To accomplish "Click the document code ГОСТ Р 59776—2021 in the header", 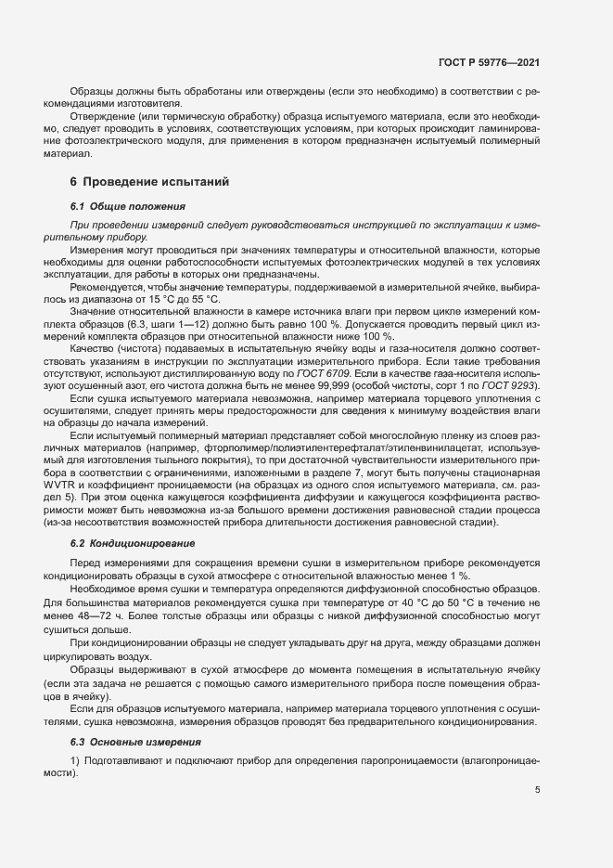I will click(x=488, y=62).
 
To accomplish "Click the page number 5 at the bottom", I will click(x=536, y=790).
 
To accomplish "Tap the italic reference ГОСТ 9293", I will click(x=512, y=384).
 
